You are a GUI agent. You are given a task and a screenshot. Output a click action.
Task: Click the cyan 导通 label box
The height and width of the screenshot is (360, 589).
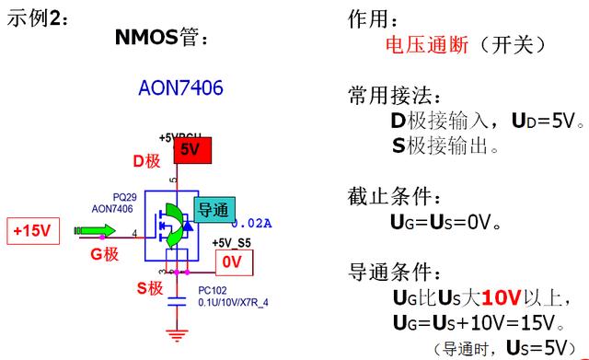pyautogui.click(x=213, y=210)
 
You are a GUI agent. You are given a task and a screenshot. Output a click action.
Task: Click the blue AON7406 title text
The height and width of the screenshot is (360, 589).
pyautogui.click(x=180, y=88)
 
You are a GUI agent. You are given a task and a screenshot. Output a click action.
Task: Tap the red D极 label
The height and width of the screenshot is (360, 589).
pyautogui.click(x=146, y=161)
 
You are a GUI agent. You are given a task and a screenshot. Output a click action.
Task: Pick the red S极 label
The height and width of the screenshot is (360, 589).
pyautogui.click(x=150, y=288)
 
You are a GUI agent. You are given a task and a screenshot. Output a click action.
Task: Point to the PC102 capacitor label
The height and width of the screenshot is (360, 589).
pyautogui.click(x=213, y=290)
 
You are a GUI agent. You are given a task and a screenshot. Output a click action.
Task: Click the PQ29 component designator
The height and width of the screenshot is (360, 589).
pyautogui.click(x=123, y=197)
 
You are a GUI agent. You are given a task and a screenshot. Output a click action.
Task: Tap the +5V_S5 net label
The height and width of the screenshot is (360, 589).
pyautogui.click(x=230, y=243)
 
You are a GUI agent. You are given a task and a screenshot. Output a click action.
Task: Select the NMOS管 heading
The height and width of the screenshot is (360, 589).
pyautogui.click(x=162, y=38)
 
